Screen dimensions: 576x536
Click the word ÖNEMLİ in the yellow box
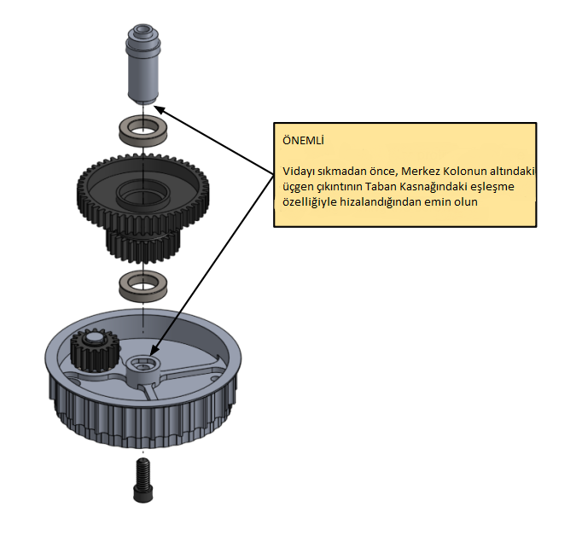click(x=304, y=140)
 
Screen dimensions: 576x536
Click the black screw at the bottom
click(x=143, y=480)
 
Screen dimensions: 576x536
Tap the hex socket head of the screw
click(x=143, y=494)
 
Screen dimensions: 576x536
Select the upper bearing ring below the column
click(x=143, y=131)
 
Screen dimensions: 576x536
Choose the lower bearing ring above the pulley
click(x=143, y=286)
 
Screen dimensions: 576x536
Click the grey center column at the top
click(x=143, y=64)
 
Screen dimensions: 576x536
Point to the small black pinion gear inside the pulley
click(x=95, y=350)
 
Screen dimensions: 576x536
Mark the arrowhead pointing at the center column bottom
click(x=159, y=108)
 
